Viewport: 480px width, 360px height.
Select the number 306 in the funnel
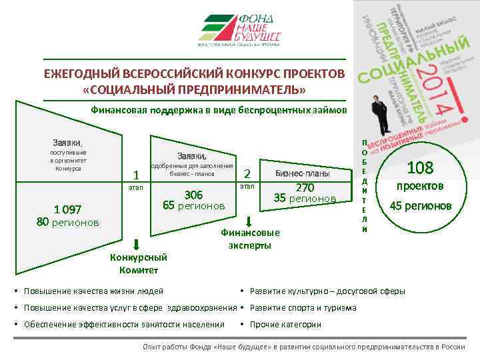193,195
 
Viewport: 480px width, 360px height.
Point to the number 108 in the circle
419,167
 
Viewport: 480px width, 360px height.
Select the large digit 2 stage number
247,173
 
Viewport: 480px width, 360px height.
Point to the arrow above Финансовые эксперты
247,221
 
